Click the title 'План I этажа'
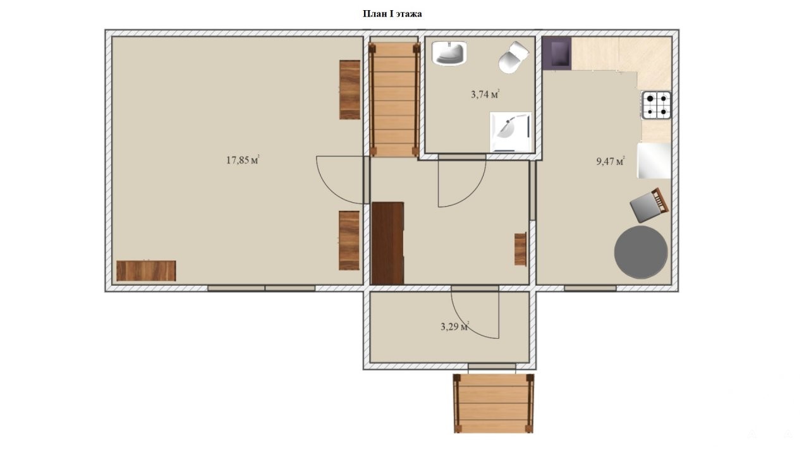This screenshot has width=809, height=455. (392, 14)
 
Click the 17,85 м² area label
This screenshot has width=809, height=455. (243, 160)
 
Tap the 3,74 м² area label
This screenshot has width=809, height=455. (485, 94)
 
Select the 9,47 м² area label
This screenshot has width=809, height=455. (611, 161)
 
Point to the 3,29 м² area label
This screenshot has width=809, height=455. (454, 327)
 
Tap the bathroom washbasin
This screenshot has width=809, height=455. (449, 53)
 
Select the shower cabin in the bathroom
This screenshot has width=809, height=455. (511, 132)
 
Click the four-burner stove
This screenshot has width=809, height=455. (656, 105)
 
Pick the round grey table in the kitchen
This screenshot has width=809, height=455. (641, 252)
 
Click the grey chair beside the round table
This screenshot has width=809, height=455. (649, 205)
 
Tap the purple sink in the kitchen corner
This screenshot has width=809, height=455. (557, 54)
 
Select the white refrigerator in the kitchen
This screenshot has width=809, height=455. (654, 161)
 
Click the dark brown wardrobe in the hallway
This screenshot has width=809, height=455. (388, 243)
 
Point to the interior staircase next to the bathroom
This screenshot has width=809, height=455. (394, 99)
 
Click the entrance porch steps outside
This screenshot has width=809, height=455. (494, 403)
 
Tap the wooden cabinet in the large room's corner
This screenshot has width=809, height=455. (146, 271)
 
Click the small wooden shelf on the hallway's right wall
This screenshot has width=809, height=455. (520, 249)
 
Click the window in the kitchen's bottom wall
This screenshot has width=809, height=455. (590, 288)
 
